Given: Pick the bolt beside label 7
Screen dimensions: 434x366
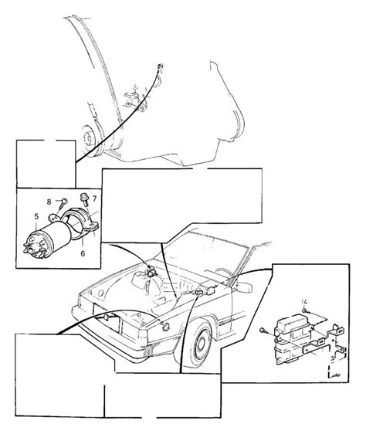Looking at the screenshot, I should [83, 198].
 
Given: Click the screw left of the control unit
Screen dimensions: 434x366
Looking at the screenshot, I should [266, 332].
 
